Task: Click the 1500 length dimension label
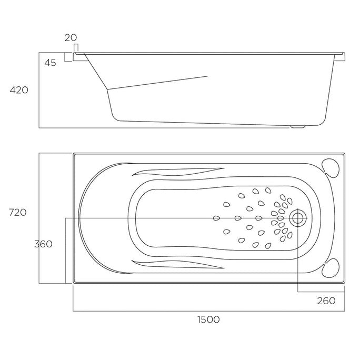[x=208, y=319]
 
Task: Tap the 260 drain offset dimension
[x=326, y=301]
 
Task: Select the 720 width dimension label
[x=18, y=213]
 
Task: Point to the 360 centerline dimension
[x=43, y=244]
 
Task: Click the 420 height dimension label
[x=19, y=90]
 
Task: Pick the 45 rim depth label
[x=51, y=63]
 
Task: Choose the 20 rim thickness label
[x=71, y=38]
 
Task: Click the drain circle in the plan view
[x=298, y=218]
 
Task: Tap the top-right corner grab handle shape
[x=331, y=167]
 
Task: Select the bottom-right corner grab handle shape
[x=331, y=268]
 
